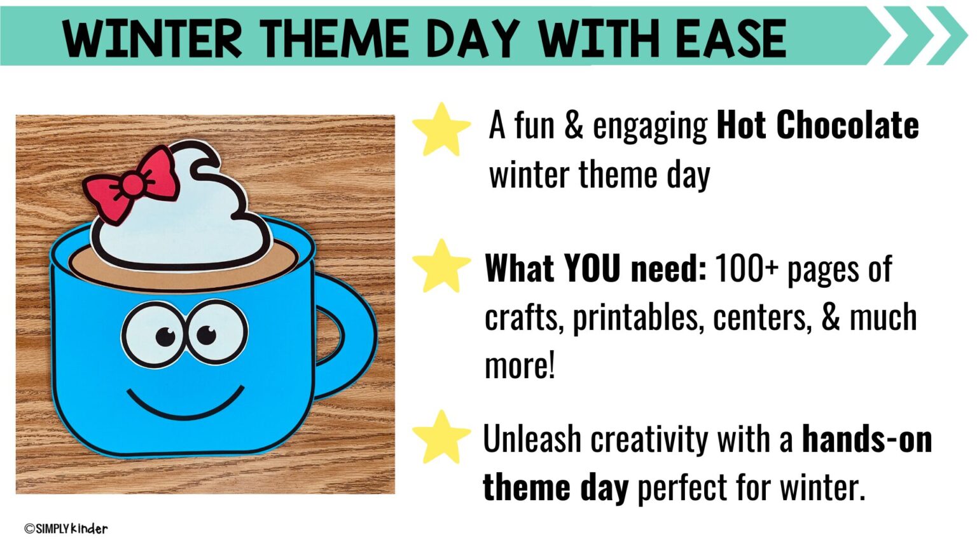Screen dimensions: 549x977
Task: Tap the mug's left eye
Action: click(x=153, y=334)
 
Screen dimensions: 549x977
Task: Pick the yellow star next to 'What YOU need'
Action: click(x=441, y=267)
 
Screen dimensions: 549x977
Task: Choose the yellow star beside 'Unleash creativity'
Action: click(x=441, y=437)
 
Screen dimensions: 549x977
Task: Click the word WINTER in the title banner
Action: click(x=153, y=38)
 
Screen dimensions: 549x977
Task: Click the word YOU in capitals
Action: click(x=592, y=269)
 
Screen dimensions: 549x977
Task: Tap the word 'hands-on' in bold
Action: click(x=866, y=439)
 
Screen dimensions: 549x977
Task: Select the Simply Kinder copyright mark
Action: click(x=66, y=529)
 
